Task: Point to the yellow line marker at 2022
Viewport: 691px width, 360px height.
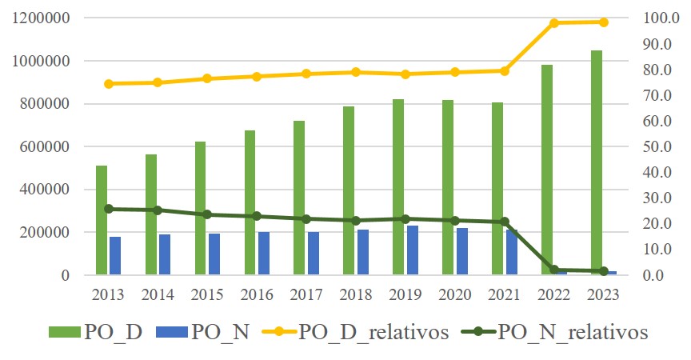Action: [x=554, y=23]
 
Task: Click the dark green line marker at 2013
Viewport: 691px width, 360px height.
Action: [x=108, y=209]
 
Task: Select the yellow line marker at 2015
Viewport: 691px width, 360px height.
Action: [x=206, y=78]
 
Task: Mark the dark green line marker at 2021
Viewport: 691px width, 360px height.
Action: [x=505, y=222]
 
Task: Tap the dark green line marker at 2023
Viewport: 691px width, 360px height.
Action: [x=604, y=271]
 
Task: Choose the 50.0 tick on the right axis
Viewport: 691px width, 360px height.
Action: [x=657, y=146]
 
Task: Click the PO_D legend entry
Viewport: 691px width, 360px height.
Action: [x=96, y=333]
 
